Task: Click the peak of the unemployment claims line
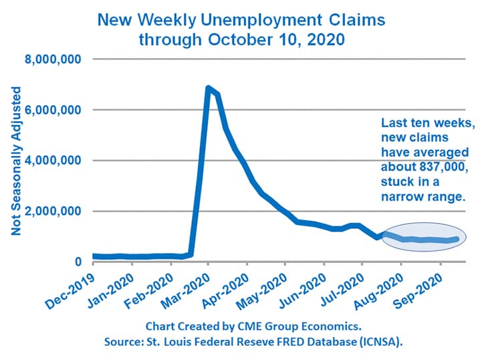pyautogui.click(x=208, y=88)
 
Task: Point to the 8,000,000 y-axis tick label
pyautogui.click(x=53, y=59)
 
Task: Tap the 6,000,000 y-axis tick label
pyautogui.click(x=53, y=110)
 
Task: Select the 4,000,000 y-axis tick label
pyautogui.click(x=53, y=161)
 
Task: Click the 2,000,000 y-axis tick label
pyautogui.click(x=53, y=211)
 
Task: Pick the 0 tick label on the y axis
pyautogui.click(x=78, y=262)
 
